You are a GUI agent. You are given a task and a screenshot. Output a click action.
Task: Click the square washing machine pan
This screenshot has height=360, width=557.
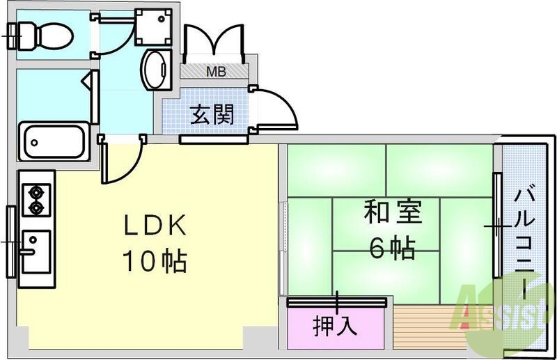tap(152, 26)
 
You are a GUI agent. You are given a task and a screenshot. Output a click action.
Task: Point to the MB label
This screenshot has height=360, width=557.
tap(214, 71)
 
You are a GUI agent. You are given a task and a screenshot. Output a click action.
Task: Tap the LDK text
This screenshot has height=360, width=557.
tap(155, 226)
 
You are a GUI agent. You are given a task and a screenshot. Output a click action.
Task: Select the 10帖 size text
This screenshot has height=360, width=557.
tap(155, 261)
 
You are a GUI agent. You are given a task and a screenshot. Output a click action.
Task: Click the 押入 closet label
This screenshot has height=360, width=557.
tap(336, 325)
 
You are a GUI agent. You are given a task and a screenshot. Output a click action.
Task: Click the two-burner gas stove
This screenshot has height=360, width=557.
tap(35, 198)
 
